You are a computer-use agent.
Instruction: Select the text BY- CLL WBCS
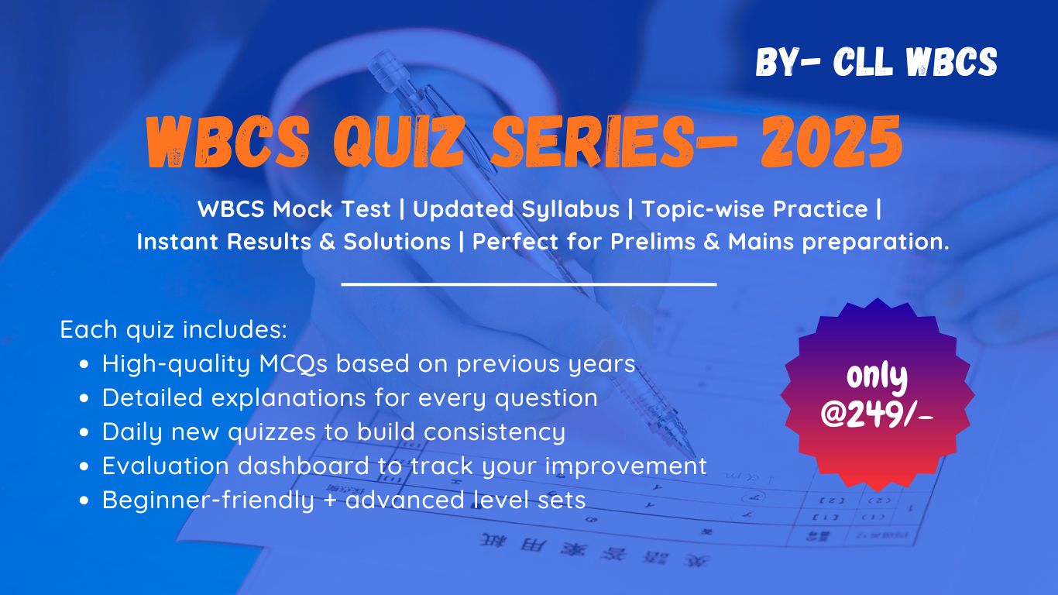click(876, 63)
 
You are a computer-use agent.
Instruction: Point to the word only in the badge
click(877, 377)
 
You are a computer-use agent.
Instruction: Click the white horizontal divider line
click(528, 284)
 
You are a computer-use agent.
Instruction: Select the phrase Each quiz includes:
click(174, 329)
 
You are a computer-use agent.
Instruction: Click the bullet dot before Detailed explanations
click(86, 398)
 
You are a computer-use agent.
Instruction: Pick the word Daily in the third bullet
click(129, 432)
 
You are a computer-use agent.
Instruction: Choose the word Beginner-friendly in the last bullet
click(208, 500)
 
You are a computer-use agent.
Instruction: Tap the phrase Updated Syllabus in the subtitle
click(515, 209)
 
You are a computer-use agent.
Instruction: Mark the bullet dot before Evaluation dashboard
click(86, 466)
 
